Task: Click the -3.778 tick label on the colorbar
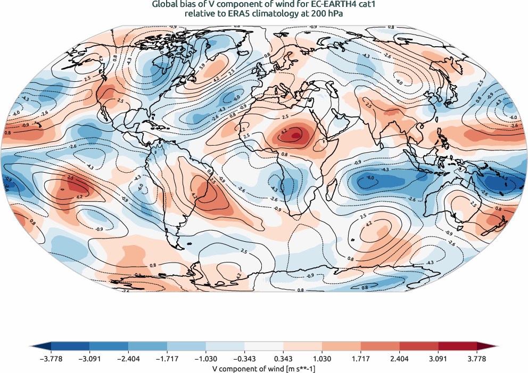51,359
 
